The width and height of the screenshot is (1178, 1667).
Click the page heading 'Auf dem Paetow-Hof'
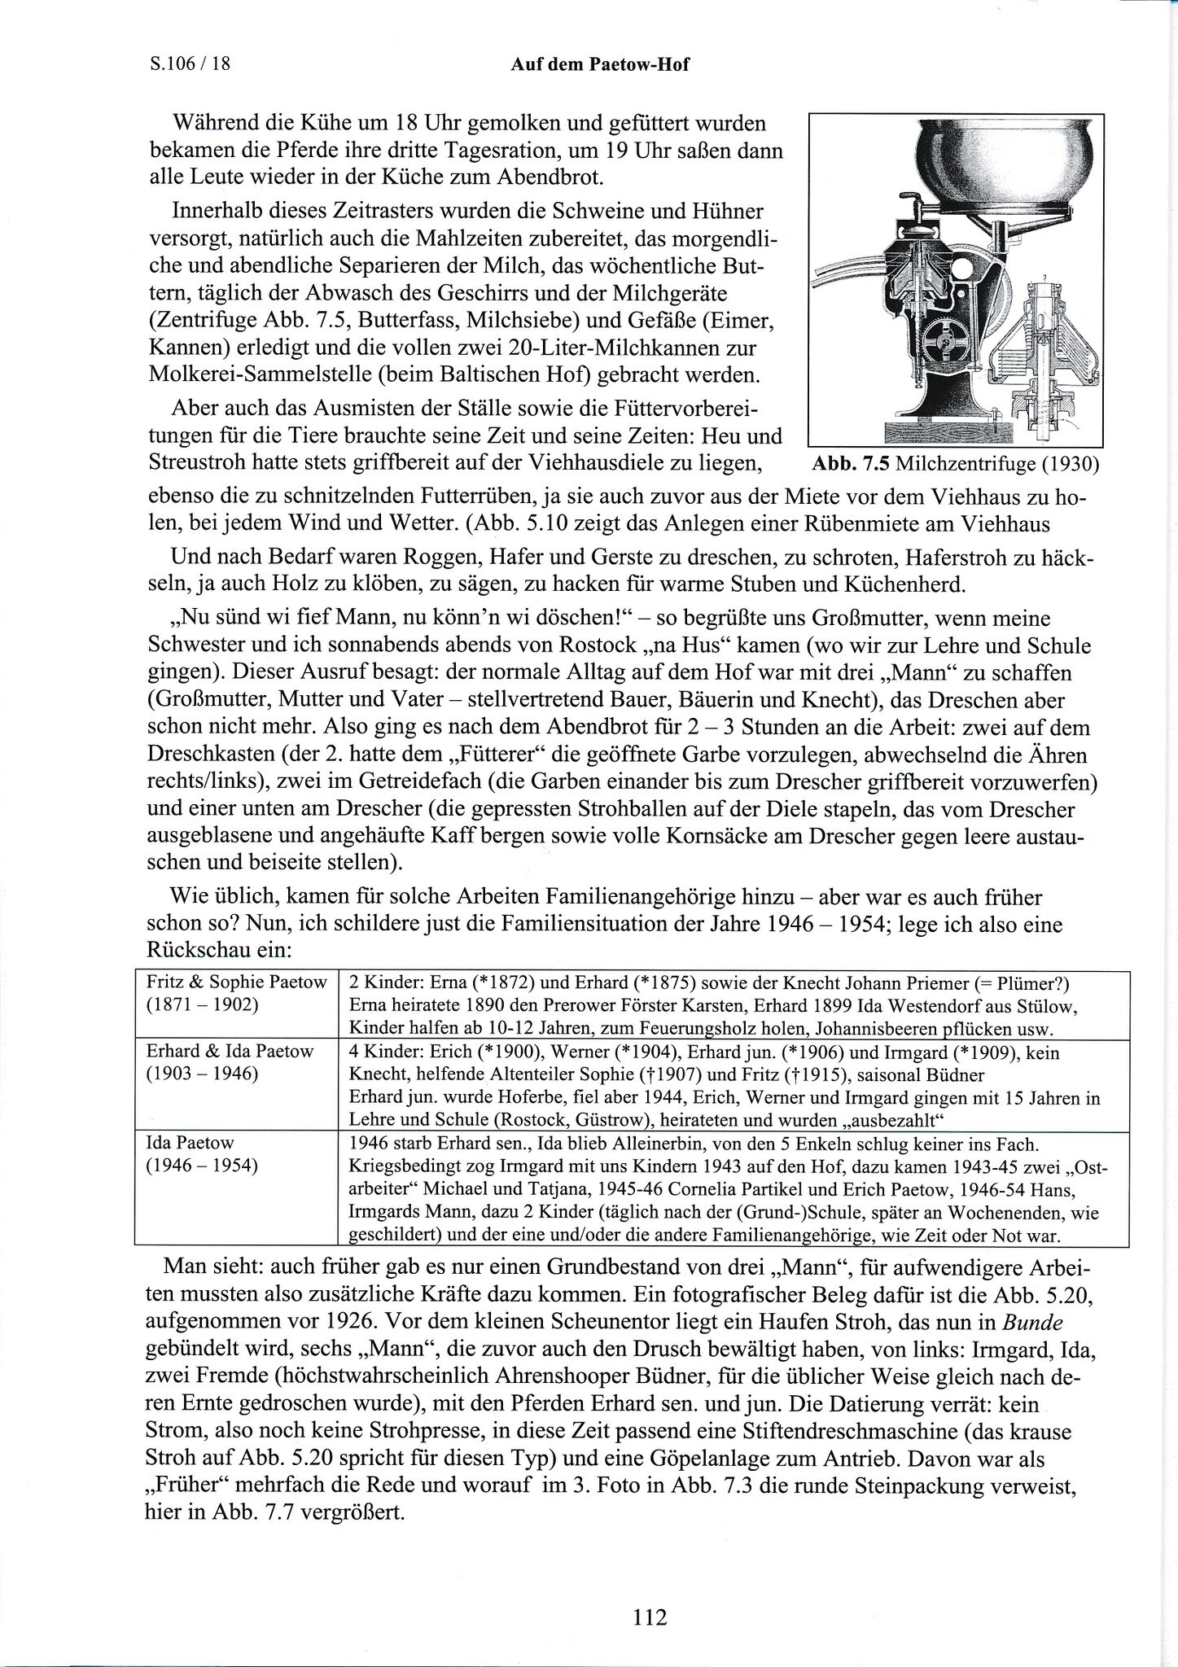pyautogui.click(x=600, y=64)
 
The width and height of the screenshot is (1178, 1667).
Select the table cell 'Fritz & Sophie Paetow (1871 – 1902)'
pyautogui.click(x=236, y=993)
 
